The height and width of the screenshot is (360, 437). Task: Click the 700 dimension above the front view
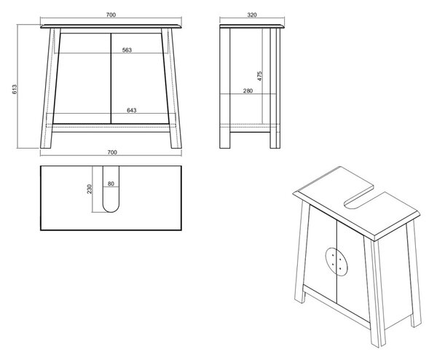coord(111,15)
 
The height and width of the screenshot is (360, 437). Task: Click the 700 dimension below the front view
coord(111,152)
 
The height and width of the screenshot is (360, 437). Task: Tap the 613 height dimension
coord(15,89)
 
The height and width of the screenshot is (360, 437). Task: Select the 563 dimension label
coord(127,50)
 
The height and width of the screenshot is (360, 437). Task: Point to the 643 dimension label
coord(132,110)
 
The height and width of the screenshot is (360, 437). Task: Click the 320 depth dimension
coord(252,15)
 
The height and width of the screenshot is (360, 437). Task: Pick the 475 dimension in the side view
coord(260,76)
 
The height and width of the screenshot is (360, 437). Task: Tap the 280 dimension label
coord(248,90)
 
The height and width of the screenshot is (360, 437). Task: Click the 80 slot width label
coord(111,184)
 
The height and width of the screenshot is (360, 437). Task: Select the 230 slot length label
coord(90,189)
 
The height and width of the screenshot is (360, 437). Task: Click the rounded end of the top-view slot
coord(111,208)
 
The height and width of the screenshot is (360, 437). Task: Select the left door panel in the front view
coord(82,79)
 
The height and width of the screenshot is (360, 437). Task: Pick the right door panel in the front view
coord(140,79)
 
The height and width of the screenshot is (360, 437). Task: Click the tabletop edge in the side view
coord(252,26)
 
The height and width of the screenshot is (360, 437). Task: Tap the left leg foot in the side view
coord(225,140)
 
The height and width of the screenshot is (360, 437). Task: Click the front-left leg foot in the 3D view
coord(300,296)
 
